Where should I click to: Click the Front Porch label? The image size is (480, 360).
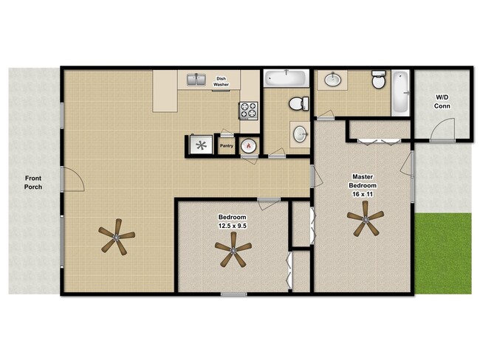pyautogui.click(x=32, y=182)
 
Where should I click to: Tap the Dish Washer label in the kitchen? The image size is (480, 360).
pyautogui.click(x=221, y=82)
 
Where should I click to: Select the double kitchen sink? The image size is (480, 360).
pyautogui.click(x=196, y=80)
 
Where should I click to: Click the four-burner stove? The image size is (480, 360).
pyautogui.click(x=247, y=111)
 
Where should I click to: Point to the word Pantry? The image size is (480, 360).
pyautogui.click(x=227, y=146)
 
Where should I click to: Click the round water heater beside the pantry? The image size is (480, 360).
pyautogui.click(x=249, y=146)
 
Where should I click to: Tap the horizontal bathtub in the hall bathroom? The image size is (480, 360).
pyautogui.click(x=286, y=77)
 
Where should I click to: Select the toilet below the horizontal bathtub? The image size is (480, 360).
pyautogui.click(x=299, y=103)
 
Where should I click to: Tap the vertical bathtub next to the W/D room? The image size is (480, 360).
pyautogui.click(x=400, y=92)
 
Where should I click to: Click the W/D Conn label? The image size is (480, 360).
pyautogui.click(x=442, y=102)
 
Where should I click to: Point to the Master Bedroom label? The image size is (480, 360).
pyautogui.click(x=362, y=181)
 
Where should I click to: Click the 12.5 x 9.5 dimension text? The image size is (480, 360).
pyautogui.click(x=232, y=225)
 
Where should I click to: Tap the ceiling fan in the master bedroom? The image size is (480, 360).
pyautogui.click(x=365, y=219)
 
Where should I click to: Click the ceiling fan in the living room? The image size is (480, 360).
pyautogui.click(x=116, y=238)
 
